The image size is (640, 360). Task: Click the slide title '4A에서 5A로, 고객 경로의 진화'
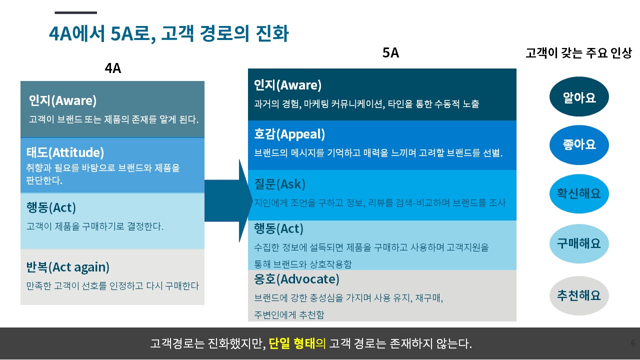tap(169, 33)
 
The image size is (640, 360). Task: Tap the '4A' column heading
tap(113, 68)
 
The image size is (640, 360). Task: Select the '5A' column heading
tap(390, 53)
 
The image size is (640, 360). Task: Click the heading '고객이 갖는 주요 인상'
tap(578, 53)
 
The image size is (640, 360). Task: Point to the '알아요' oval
tap(579, 96)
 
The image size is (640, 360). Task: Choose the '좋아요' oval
tap(579, 145)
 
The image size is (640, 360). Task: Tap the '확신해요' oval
tap(579, 193)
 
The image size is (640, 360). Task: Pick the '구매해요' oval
tap(579, 243)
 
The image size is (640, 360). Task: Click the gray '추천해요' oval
tap(579, 295)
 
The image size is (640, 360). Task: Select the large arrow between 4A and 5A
tap(228, 200)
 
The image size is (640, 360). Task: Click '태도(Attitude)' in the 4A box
tap(65, 152)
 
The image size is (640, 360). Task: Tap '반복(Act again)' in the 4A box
tap(67, 267)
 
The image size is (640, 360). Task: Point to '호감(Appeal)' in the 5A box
tap(289, 134)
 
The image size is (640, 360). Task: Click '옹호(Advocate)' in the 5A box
tap(296, 279)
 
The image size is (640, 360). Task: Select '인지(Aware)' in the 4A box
tap(62, 100)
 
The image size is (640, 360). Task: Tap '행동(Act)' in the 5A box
tap(278, 228)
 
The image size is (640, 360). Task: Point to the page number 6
tap(633, 343)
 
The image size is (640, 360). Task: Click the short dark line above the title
tap(75, 12)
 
